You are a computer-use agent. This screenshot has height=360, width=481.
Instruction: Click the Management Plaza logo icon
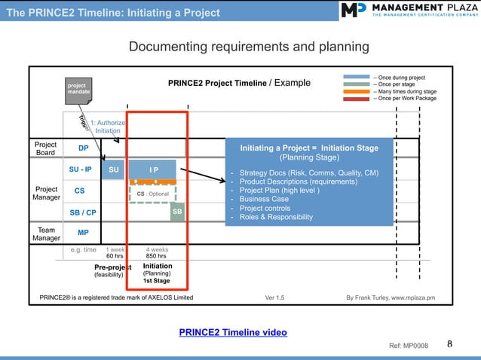coord(354,11)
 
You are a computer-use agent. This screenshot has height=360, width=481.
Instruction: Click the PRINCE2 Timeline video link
coord(232,332)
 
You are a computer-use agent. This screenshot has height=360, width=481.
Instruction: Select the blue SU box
coord(113,169)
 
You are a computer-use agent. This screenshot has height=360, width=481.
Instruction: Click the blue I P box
coord(153,169)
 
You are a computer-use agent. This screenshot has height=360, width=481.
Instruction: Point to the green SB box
coord(177,212)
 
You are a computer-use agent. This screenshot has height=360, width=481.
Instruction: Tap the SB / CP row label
coord(81,212)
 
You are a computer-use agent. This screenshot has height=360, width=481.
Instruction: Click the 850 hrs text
coord(156,256)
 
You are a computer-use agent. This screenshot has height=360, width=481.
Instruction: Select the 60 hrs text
coord(114,256)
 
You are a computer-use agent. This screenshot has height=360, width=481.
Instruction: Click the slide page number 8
coord(450,345)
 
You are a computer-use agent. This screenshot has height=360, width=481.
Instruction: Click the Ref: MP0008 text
coord(408,346)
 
